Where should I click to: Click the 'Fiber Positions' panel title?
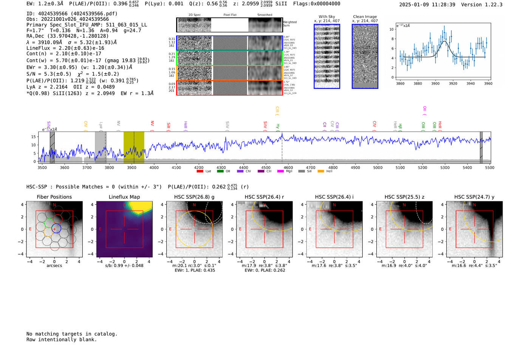54,197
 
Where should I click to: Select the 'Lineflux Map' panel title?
124,197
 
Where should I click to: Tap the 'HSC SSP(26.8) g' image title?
194,197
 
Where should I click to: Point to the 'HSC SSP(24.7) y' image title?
474,197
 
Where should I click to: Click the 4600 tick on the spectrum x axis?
288,168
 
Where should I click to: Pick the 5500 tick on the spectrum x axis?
490,168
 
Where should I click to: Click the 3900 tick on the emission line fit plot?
435,83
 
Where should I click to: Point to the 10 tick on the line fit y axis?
391,29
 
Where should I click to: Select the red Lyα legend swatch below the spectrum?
200,172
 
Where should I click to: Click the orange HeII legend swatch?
321,172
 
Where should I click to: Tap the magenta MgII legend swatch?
280,172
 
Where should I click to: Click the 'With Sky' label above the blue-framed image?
327,17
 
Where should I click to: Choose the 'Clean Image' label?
365,17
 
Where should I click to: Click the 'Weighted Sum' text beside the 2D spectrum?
290,24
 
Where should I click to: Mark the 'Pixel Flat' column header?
230,15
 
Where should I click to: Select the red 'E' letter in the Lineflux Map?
100,229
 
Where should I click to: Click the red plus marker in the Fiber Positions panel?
54,229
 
